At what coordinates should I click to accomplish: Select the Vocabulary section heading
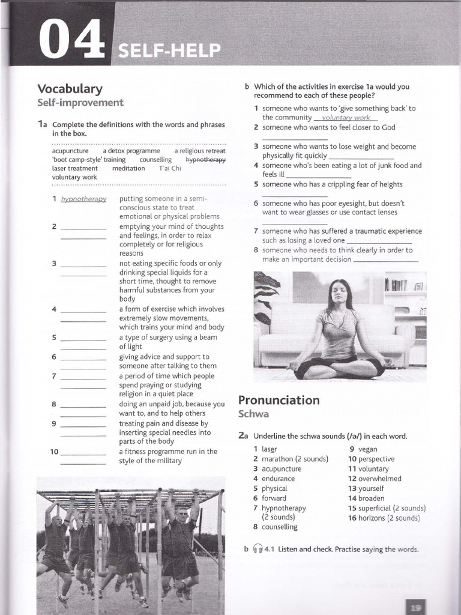pos(70,89)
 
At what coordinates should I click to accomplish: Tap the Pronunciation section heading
pos(279,400)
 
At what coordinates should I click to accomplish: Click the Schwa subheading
pos(253,414)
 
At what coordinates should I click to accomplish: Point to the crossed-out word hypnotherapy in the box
pos(205,160)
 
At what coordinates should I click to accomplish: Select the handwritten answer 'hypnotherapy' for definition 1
pos(83,199)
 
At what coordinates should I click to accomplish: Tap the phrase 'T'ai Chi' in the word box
pos(169,168)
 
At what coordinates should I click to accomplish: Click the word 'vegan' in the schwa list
pos(367,449)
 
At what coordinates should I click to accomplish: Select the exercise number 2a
pos(243,435)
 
